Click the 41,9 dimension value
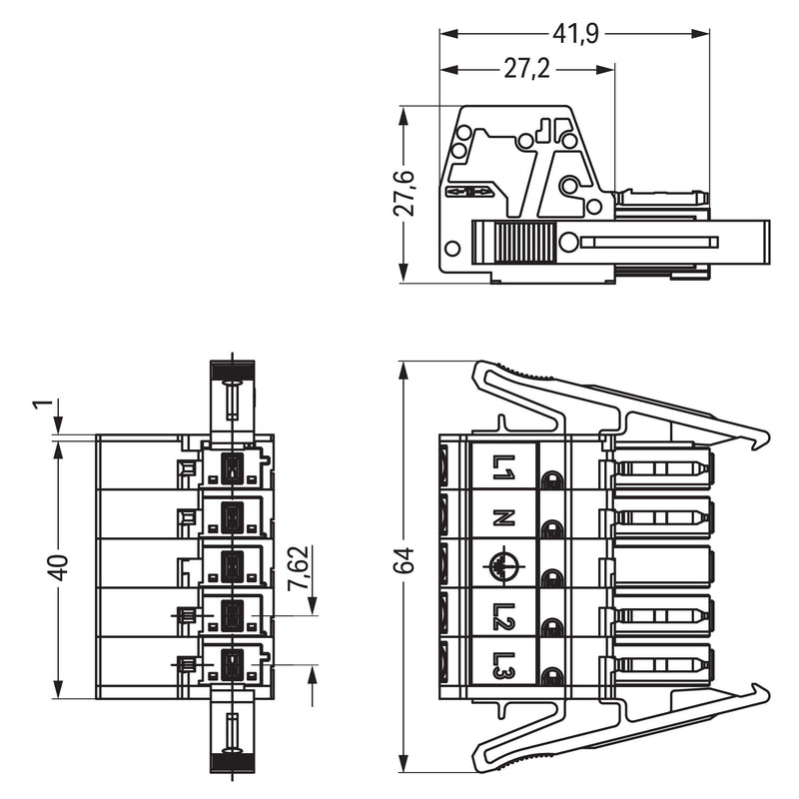point(575,34)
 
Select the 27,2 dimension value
point(527,69)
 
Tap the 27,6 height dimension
point(404,194)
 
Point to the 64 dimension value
point(405,560)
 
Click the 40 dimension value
point(59,567)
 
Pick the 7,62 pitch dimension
point(298,568)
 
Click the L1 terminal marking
point(503,467)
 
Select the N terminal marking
point(503,517)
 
